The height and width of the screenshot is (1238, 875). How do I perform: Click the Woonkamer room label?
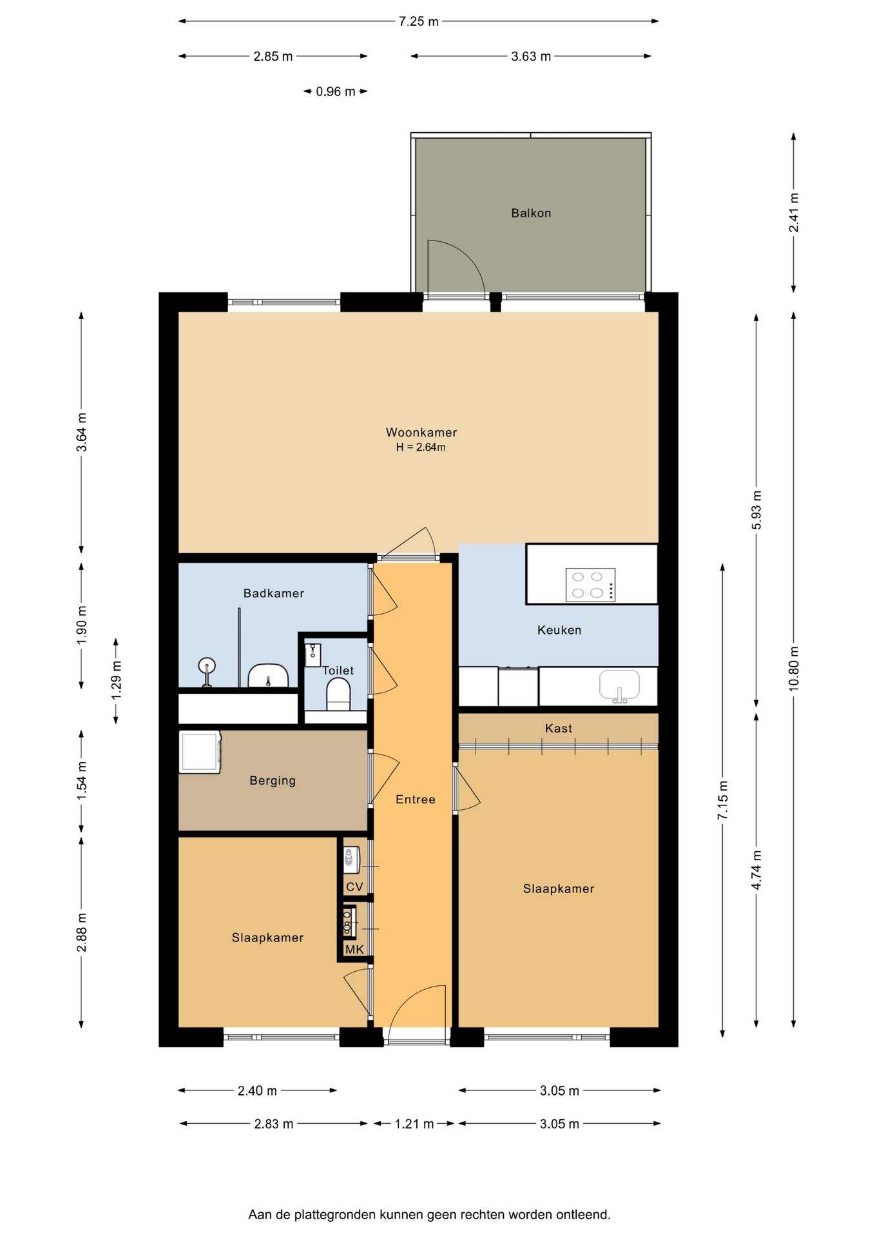(421, 433)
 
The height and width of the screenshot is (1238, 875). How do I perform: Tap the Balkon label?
(531, 213)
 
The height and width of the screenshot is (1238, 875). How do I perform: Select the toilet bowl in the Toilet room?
(338, 696)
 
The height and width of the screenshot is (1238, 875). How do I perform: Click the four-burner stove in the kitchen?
(590, 585)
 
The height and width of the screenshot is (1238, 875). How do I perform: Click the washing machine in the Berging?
(200, 752)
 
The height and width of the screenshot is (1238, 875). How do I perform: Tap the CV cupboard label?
(354, 887)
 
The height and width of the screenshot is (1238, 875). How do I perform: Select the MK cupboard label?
(354, 950)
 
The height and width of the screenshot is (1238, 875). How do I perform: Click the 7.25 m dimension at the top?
(419, 21)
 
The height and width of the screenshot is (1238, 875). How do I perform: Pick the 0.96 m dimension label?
(336, 92)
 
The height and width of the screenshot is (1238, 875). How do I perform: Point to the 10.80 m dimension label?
(793, 669)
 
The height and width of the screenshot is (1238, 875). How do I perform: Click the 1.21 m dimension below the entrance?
(414, 1124)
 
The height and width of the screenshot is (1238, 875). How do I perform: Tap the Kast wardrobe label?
(559, 729)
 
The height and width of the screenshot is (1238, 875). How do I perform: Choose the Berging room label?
(273, 781)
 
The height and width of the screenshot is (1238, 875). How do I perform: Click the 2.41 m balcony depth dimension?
(794, 213)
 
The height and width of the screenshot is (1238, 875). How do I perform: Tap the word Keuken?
(559, 631)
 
